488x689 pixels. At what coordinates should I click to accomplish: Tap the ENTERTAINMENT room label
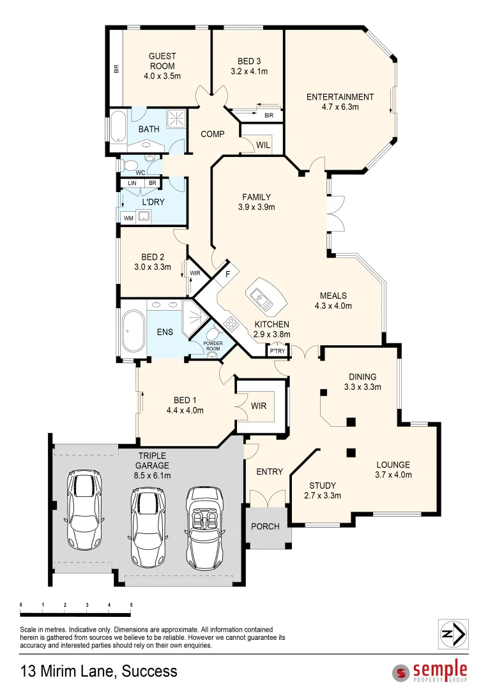click(340, 97)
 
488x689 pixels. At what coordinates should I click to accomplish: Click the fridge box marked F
click(227, 276)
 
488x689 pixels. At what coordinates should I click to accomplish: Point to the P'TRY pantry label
click(277, 351)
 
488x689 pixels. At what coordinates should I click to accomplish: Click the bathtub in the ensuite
click(133, 331)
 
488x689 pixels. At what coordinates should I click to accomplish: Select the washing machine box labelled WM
click(128, 218)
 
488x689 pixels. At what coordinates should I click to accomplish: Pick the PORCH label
click(265, 527)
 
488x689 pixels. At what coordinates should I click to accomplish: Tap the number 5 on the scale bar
click(131, 604)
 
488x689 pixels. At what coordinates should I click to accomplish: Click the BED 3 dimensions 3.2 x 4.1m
click(248, 71)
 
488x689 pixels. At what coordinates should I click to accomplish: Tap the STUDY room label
click(323, 485)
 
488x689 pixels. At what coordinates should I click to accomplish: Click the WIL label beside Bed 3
click(263, 145)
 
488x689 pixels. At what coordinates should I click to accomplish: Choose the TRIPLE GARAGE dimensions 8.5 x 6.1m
click(152, 475)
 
